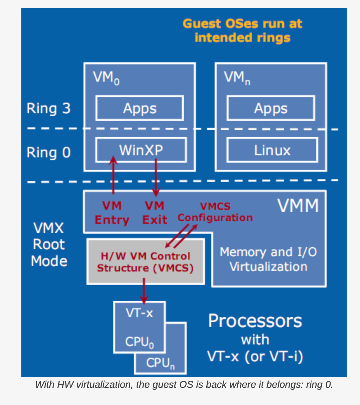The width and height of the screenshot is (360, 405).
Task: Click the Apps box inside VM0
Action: [139, 109]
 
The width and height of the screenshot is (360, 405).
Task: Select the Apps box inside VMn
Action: [270, 109]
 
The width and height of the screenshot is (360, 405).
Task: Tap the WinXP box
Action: [141, 150]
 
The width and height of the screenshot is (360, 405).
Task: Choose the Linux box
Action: [272, 150]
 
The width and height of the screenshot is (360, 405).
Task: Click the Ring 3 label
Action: [49, 108]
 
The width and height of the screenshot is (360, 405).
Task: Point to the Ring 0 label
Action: [49, 153]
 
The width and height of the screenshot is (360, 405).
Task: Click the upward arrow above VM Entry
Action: [113, 175]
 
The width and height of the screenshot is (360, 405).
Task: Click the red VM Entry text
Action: [112, 213]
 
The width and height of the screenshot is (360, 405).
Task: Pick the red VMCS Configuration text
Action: [215, 212]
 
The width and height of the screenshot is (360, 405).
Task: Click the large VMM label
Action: [298, 206]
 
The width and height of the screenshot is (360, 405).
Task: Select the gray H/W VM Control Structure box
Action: [145, 262]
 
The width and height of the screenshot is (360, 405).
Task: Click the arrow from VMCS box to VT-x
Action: [144, 291]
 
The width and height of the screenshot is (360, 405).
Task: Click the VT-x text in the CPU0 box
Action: [139, 313]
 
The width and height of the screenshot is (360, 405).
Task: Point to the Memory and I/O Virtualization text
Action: [268, 259]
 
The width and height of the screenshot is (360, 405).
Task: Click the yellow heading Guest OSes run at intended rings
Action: [242, 30]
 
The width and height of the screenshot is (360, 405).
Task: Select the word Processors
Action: [255, 321]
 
